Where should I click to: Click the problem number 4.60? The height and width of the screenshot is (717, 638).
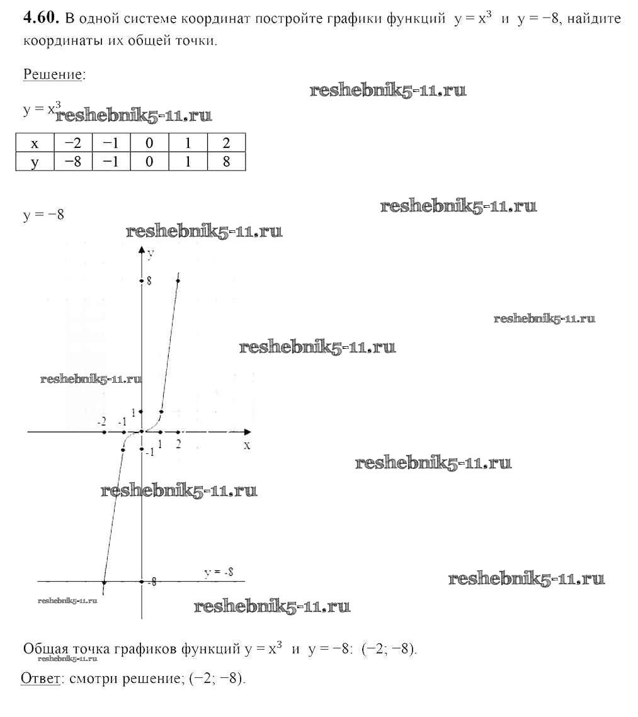[x=41, y=18]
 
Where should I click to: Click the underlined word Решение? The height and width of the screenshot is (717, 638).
[x=53, y=74]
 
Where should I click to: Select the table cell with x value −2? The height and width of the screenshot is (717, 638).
[x=73, y=143]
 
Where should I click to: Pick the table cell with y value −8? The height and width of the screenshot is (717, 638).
[x=73, y=161]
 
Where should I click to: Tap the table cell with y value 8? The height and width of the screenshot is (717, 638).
[x=226, y=161]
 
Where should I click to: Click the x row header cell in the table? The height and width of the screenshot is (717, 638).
[x=35, y=143]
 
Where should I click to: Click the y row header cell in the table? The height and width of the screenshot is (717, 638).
[x=35, y=161]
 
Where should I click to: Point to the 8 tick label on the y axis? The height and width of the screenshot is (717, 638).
[x=149, y=281]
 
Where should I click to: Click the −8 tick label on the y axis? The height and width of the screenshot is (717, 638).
[x=153, y=582]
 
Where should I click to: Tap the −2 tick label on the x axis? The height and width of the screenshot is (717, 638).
[x=102, y=422]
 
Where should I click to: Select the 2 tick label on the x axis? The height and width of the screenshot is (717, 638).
[x=178, y=444]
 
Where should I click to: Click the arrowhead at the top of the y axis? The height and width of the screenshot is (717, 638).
[x=142, y=250]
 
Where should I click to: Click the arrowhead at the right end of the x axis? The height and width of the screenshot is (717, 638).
[x=247, y=432]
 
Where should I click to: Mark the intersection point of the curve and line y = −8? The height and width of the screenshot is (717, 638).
[x=105, y=582]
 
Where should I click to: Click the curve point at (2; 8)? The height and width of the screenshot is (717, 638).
[x=178, y=280]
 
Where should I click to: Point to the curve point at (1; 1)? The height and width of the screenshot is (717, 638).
[x=161, y=412]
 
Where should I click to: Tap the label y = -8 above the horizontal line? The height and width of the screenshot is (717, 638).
[x=219, y=572]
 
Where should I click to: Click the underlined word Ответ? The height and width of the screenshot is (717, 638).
[x=41, y=678]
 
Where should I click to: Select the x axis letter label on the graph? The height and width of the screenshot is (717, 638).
[x=247, y=446]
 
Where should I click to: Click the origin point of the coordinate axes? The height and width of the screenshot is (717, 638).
[x=142, y=432]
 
